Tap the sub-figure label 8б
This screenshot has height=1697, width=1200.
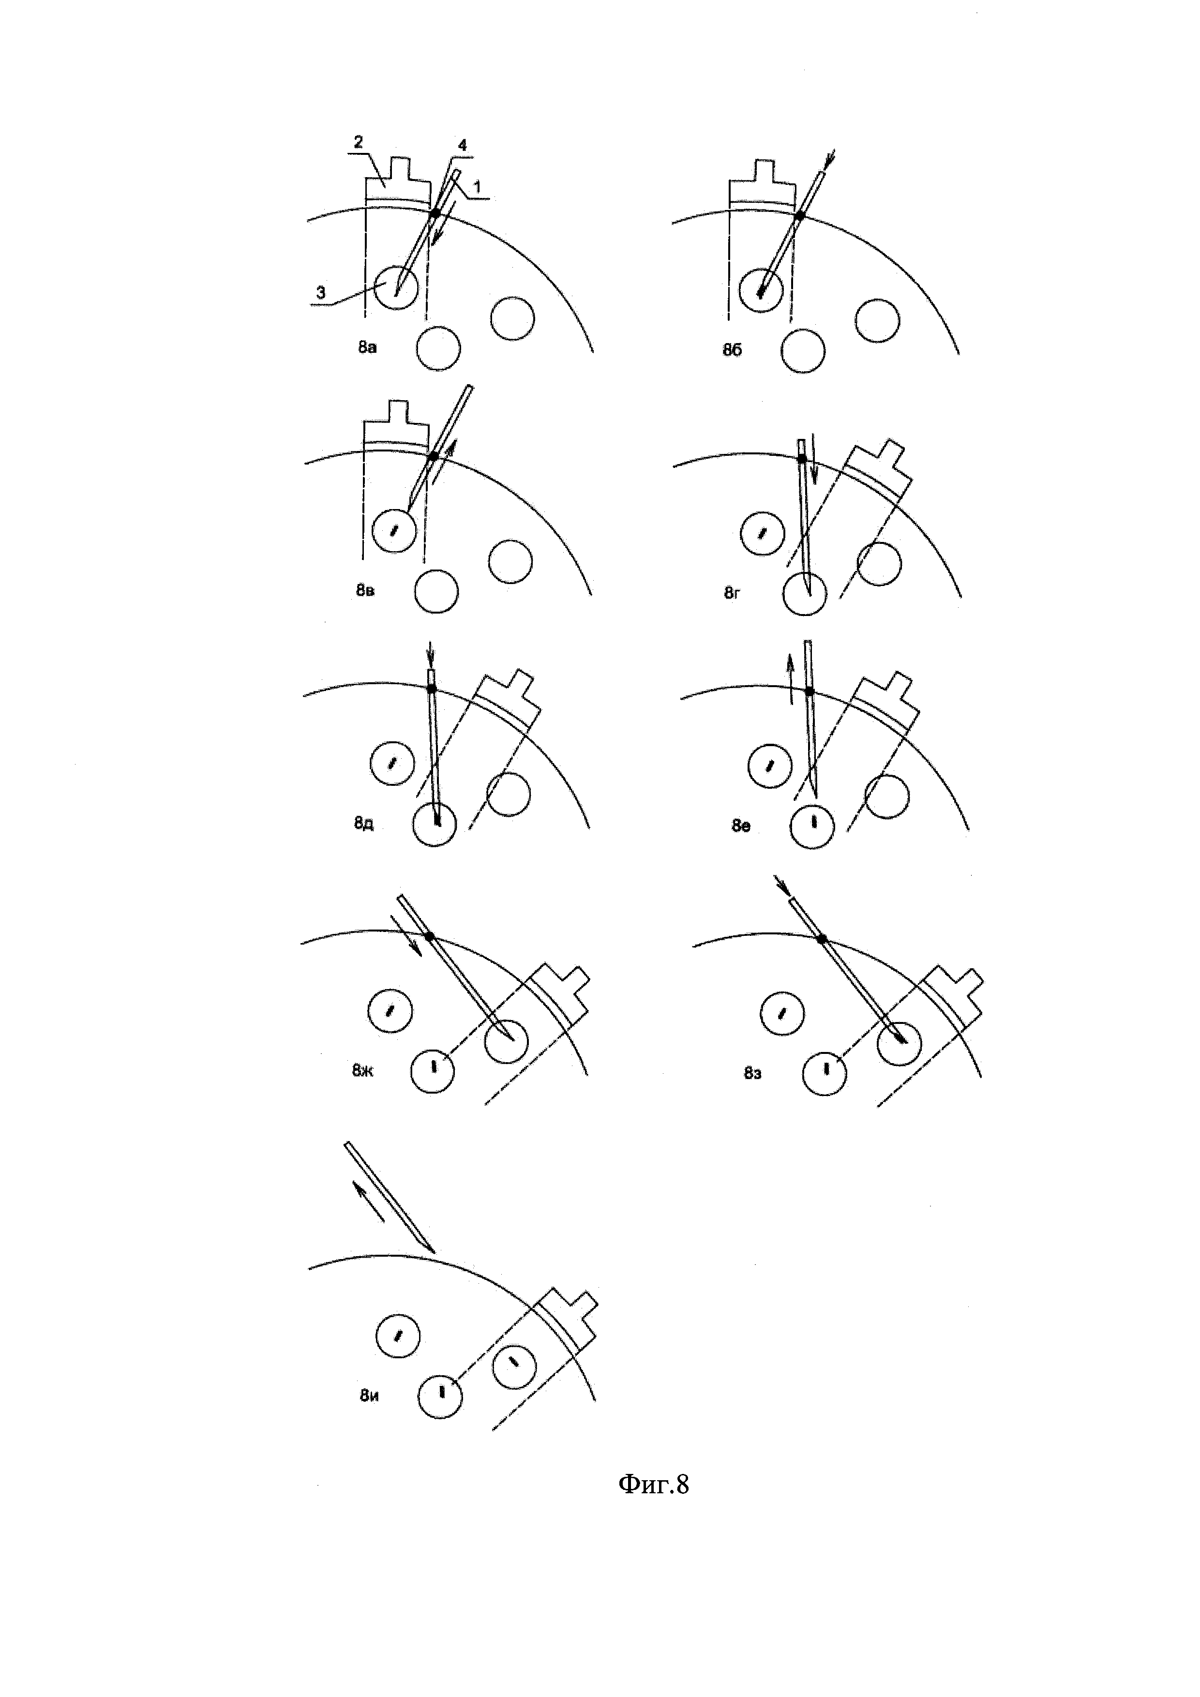[x=732, y=349]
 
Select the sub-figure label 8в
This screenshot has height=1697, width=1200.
[x=365, y=590]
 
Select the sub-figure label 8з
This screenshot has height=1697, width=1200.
[x=752, y=1072]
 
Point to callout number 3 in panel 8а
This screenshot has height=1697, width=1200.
[x=321, y=293]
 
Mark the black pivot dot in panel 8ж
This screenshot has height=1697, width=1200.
[x=429, y=936]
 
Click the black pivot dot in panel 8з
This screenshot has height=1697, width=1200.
[x=821, y=939]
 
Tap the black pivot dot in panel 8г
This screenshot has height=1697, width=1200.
[x=802, y=459]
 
